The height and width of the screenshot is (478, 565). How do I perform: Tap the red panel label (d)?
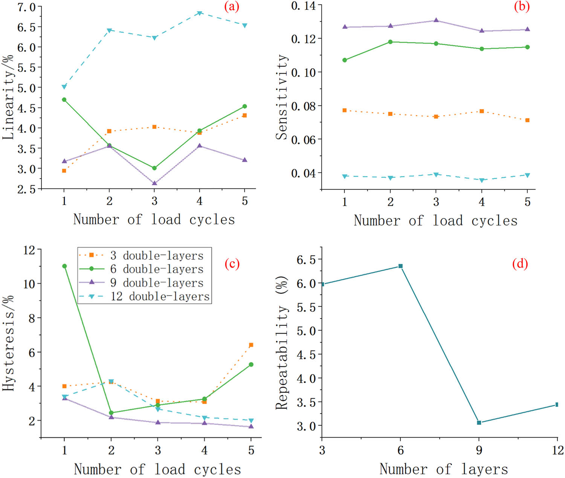pyautogui.click(x=520, y=264)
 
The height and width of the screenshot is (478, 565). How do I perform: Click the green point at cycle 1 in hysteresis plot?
pyautogui.click(x=64, y=266)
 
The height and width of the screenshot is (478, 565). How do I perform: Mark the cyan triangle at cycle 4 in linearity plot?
pyautogui.click(x=200, y=13)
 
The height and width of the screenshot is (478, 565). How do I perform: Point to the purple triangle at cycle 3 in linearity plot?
pyautogui.click(x=154, y=183)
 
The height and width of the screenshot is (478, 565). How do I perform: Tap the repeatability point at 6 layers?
pyautogui.click(x=400, y=266)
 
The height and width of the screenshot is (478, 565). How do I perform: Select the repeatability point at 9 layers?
pyautogui.click(x=479, y=423)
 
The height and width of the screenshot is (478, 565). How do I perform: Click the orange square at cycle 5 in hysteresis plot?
pyautogui.click(x=251, y=345)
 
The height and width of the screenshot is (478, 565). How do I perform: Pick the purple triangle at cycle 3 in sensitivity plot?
pyautogui.click(x=436, y=20)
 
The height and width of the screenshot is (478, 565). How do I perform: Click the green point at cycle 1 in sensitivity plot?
pyautogui.click(x=345, y=60)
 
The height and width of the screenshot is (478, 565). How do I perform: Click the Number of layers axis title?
pyautogui.click(x=443, y=469)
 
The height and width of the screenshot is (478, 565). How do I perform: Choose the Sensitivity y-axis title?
pyautogui.click(x=282, y=97)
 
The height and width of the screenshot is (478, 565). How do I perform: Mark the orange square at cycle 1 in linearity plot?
pyautogui.click(x=64, y=171)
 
